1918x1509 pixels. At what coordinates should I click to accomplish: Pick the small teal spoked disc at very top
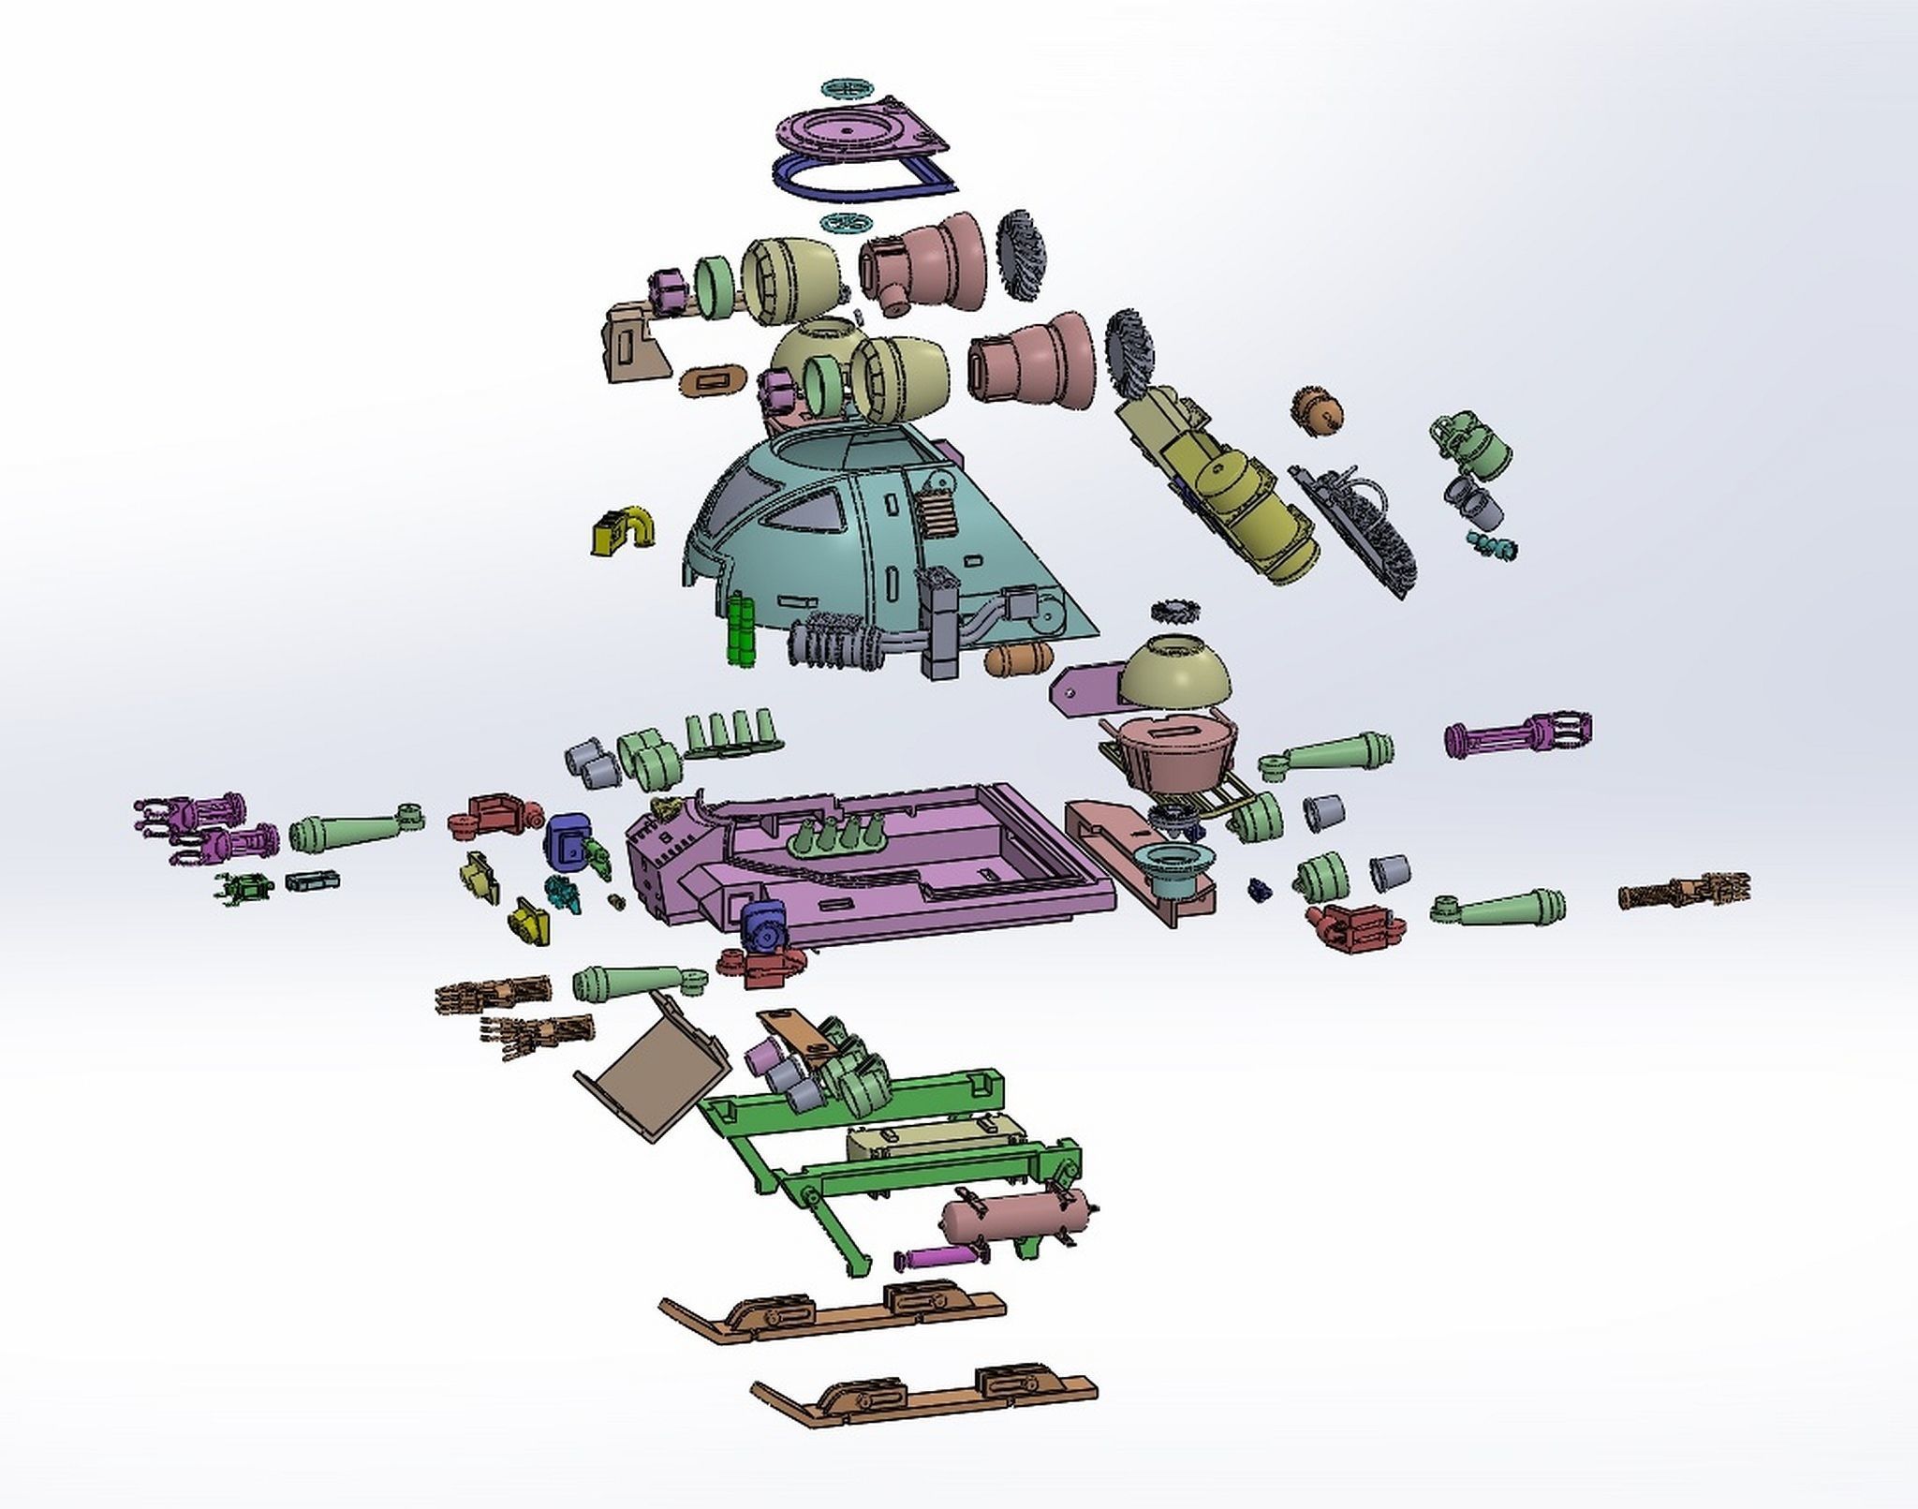pyautogui.click(x=850, y=89)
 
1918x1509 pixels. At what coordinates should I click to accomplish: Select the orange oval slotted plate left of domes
pyautogui.click(x=714, y=380)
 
